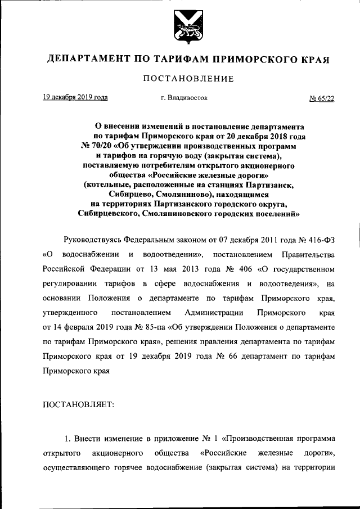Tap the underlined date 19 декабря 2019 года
pos(75,97)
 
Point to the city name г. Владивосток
pos(184,98)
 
